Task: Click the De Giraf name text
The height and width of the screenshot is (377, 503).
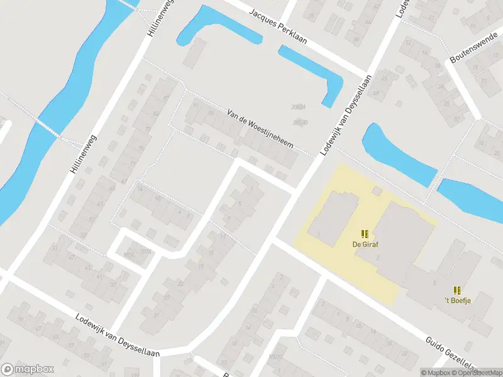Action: (x=365, y=244)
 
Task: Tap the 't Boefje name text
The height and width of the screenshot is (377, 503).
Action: (x=458, y=300)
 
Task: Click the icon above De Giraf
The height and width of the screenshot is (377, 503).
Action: (x=365, y=233)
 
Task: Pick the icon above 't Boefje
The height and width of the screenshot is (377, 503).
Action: (x=458, y=290)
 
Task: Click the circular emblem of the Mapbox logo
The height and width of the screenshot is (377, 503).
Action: (x=8, y=369)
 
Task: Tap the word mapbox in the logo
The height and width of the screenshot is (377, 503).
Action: (x=35, y=369)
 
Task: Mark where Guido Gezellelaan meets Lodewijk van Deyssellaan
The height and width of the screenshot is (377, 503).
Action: (x=274, y=239)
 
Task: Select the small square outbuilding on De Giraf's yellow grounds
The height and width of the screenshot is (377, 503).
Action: (x=377, y=190)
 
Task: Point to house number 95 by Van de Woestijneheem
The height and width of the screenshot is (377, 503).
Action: (x=211, y=113)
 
